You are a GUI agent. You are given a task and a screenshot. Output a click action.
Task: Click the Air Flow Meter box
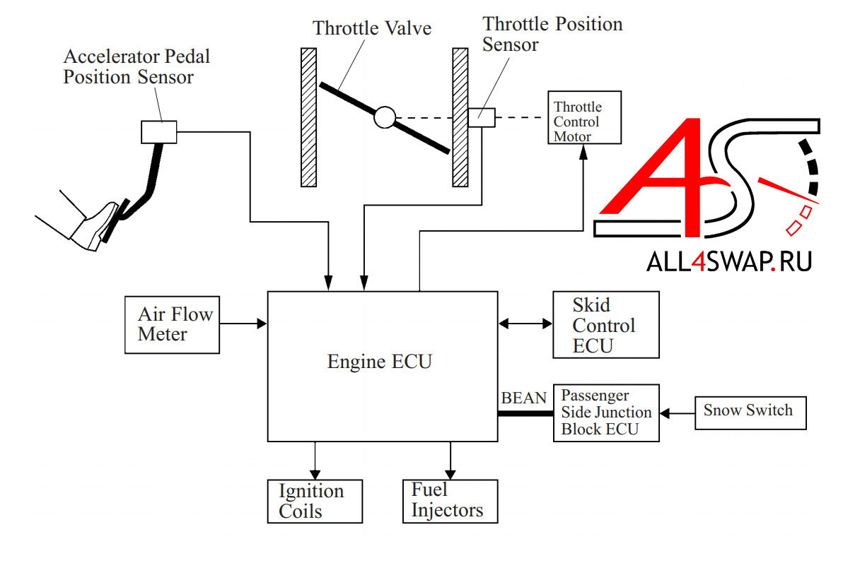(x=172, y=324)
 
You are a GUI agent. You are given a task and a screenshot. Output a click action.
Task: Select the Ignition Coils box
(x=315, y=501)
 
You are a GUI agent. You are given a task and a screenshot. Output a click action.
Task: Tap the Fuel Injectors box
(x=449, y=501)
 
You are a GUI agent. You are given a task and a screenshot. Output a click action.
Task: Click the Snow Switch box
(x=750, y=410)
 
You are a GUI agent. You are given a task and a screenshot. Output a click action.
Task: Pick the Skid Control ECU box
(x=605, y=325)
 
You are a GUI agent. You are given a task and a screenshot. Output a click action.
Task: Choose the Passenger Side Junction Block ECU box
(x=605, y=413)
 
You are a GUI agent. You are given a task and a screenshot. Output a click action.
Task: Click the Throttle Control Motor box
(x=583, y=117)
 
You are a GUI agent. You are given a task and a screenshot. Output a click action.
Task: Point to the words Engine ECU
(x=379, y=362)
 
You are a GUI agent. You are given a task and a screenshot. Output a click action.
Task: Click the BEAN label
(x=523, y=398)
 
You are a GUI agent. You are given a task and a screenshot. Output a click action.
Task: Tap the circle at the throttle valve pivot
(x=384, y=117)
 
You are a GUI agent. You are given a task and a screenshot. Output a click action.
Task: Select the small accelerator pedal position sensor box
(x=158, y=131)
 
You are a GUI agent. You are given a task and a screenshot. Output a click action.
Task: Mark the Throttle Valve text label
(x=372, y=29)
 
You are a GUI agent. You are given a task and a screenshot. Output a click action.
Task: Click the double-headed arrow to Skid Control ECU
(x=525, y=324)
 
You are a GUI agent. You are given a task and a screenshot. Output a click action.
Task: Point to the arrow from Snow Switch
(x=677, y=412)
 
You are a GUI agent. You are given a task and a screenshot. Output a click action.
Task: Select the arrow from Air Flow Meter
(x=243, y=324)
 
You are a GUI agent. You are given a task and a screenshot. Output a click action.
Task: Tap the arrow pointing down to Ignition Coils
(x=315, y=460)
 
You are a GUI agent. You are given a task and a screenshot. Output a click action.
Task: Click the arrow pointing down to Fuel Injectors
(x=449, y=460)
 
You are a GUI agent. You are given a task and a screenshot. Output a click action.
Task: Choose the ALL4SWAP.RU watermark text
(x=728, y=261)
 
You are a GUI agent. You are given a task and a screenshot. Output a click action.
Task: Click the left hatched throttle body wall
(x=308, y=117)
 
